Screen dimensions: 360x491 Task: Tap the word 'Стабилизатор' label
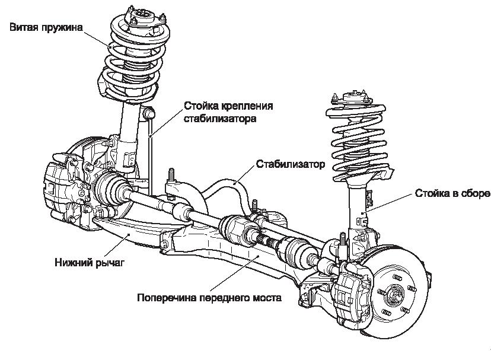(291, 164)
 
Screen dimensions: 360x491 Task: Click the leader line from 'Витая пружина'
(95, 39)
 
